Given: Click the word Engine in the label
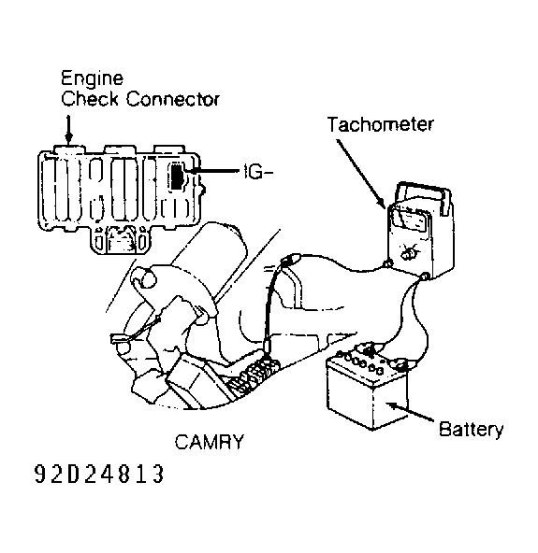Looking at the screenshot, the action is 93,79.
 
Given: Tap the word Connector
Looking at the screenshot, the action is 173,99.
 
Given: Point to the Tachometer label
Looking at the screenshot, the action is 380,124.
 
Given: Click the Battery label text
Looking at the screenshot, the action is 471,430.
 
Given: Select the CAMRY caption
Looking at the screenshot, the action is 210,442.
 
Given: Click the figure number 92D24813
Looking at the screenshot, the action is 99,474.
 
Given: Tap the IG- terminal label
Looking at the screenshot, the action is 258,172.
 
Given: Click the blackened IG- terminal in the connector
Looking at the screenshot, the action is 177,176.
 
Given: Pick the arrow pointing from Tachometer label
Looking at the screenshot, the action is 360,174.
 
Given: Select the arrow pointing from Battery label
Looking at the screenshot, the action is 410,412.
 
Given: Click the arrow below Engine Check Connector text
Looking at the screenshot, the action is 69,129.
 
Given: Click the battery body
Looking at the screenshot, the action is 368,391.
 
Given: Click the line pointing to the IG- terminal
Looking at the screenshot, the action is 212,171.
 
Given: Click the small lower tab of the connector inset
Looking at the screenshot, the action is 120,240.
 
